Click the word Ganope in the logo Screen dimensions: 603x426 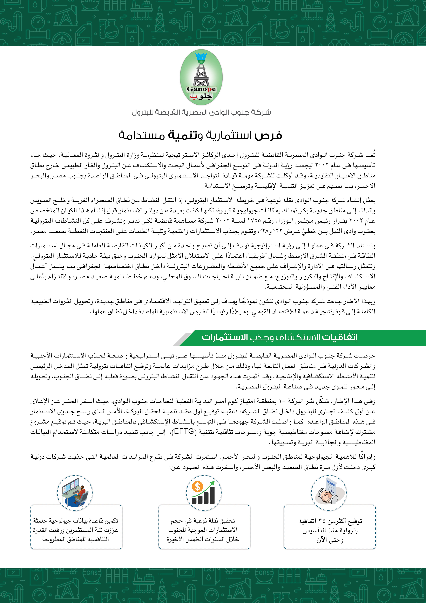[201, 89]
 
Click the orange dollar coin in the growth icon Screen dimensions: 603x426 [197, 486]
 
